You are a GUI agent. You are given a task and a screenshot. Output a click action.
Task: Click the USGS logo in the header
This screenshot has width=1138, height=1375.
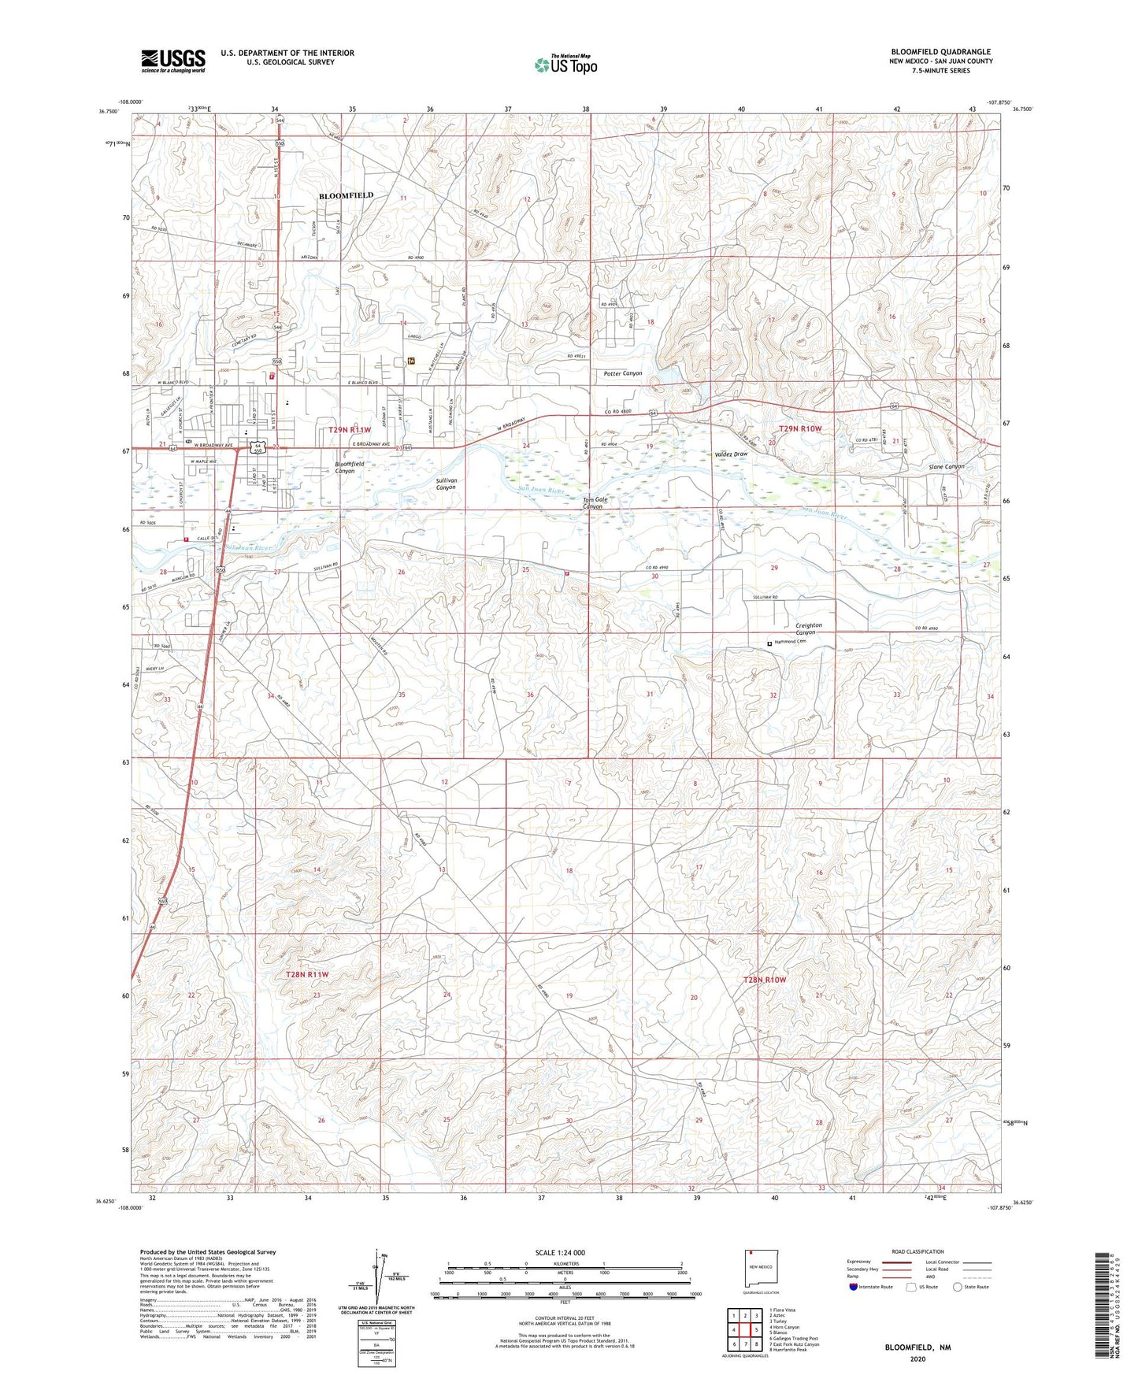pyautogui.click(x=172, y=61)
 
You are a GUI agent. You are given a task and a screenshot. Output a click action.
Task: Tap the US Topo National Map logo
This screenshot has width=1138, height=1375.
pyautogui.click(x=565, y=65)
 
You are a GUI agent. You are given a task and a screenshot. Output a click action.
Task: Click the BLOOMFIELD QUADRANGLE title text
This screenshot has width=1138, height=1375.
pyautogui.click(x=940, y=52)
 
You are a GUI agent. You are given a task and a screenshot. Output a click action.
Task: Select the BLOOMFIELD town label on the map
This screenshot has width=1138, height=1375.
pyautogui.click(x=346, y=195)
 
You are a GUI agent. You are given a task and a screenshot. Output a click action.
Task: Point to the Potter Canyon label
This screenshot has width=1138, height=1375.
pyautogui.click(x=622, y=373)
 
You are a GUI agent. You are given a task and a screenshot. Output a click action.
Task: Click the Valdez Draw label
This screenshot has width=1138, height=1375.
pyautogui.click(x=731, y=454)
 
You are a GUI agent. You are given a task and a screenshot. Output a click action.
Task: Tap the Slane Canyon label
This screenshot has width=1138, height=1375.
pyautogui.click(x=946, y=466)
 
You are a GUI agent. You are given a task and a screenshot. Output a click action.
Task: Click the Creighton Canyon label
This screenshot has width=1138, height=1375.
pyautogui.click(x=808, y=628)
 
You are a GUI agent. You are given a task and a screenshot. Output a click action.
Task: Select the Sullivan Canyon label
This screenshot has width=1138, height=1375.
pyautogui.click(x=446, y=484)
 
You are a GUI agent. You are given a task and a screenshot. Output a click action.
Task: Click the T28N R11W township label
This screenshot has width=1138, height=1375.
pyautogui.click(x=307, y=974)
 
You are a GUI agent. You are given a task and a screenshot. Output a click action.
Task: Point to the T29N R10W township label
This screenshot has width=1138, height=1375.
pyautogui.click(x=799, y=428)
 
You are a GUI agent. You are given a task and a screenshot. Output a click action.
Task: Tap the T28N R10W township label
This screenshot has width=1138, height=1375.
pyautogui.click(x=765, y=980)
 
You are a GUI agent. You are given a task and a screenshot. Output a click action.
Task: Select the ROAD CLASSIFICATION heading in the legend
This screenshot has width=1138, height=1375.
pyautogui.click(x=917, y=1251)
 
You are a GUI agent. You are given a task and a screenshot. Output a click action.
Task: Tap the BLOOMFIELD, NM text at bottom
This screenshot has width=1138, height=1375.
pyautogui.click(x=917, y=1347)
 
